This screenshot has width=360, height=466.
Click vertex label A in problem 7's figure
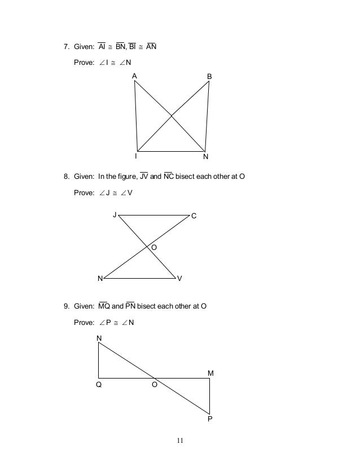pos(134,76)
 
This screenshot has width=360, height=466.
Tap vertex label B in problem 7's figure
pos(209,76)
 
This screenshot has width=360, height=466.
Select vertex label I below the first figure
pos(135,156)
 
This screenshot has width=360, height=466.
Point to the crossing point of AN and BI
pos(172,116)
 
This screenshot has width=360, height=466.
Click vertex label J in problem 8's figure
pos(115,215)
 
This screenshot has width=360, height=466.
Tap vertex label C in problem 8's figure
pos(194,216)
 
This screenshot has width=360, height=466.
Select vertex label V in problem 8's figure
pos(179,279)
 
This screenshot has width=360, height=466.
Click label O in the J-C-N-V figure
pos(153,248)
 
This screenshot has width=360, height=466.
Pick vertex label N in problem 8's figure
pos(100,279)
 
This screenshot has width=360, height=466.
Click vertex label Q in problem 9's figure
pos(99,385)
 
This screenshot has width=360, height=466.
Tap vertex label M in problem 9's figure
pos(210,373)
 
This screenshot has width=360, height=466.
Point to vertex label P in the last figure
pos(210,419)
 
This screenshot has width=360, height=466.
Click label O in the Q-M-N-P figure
pos(153,385)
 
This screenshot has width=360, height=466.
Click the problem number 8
pos(65,177)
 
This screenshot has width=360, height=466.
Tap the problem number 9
pos(65,307)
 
